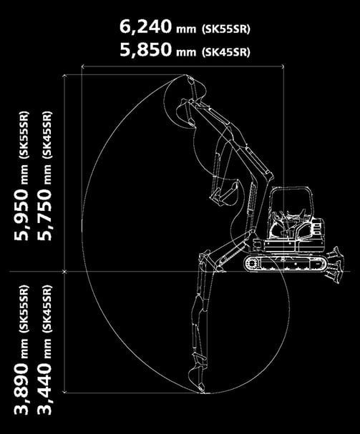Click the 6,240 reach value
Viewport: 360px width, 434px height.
point(145,27)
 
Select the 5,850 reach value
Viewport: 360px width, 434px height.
point(145,50)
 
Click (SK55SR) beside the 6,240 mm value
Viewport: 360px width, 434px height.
point(226,29)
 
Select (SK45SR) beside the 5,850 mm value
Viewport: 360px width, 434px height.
point(226,51)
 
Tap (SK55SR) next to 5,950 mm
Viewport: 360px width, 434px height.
point(24,135)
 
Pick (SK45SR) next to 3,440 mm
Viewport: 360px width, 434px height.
point(47,309)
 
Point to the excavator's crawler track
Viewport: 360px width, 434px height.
point(285,263)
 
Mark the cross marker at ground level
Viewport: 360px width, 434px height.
point(64,272)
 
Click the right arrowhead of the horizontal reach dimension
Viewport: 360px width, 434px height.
point(283,66)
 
